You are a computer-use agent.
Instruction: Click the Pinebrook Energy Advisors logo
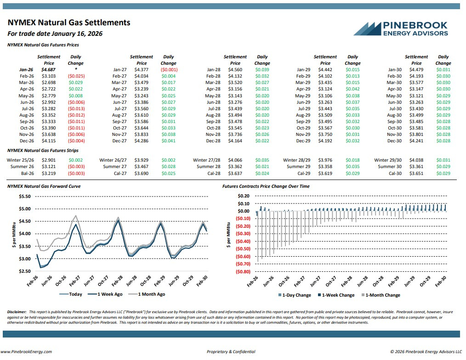coord(401,28)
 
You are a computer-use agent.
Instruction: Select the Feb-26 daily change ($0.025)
coord(76,76)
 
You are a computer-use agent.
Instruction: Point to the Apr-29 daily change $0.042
coord(352,89)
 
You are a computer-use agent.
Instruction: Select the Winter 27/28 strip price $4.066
coord(235,160)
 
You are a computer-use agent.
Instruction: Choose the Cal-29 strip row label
coord(304,173)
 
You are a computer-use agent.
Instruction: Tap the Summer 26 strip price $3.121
coord(49,166)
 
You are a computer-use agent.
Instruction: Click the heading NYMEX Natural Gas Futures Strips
coord(43,150)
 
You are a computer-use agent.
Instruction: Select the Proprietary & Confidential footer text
coord(231,352)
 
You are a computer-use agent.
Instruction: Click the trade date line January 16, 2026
coord(55,34)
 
